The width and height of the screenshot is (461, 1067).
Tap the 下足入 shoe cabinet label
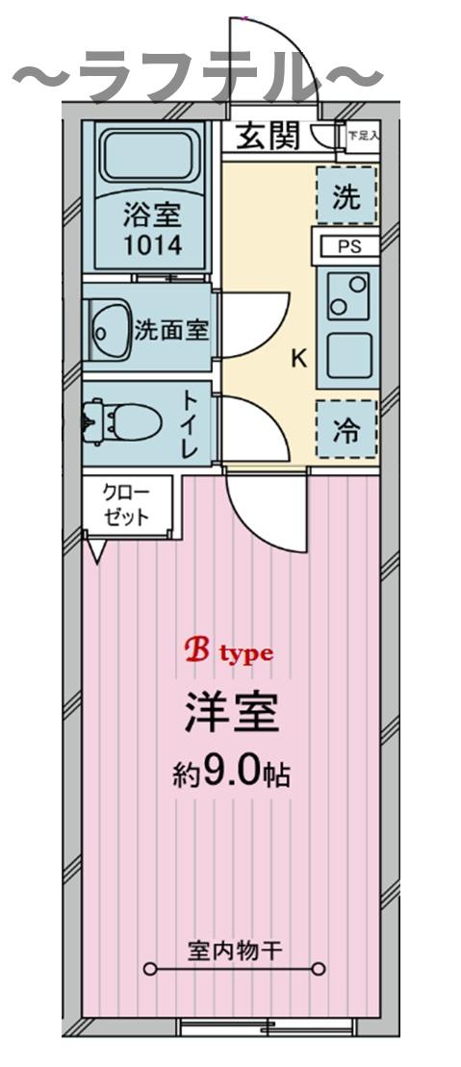[363, 137]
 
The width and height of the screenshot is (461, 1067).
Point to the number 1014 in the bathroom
[151, 244]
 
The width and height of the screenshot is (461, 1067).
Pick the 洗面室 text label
[171, 330]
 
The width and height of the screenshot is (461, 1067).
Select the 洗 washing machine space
[346, 197]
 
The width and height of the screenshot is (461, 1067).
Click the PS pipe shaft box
[346, 246]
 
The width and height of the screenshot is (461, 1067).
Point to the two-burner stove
[346, 295]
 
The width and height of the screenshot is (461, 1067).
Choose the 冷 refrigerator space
[346, 430]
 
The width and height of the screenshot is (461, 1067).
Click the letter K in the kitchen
[299, 360]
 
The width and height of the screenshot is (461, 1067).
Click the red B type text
[229, 652]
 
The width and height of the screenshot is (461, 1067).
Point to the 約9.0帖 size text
[231, 775]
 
